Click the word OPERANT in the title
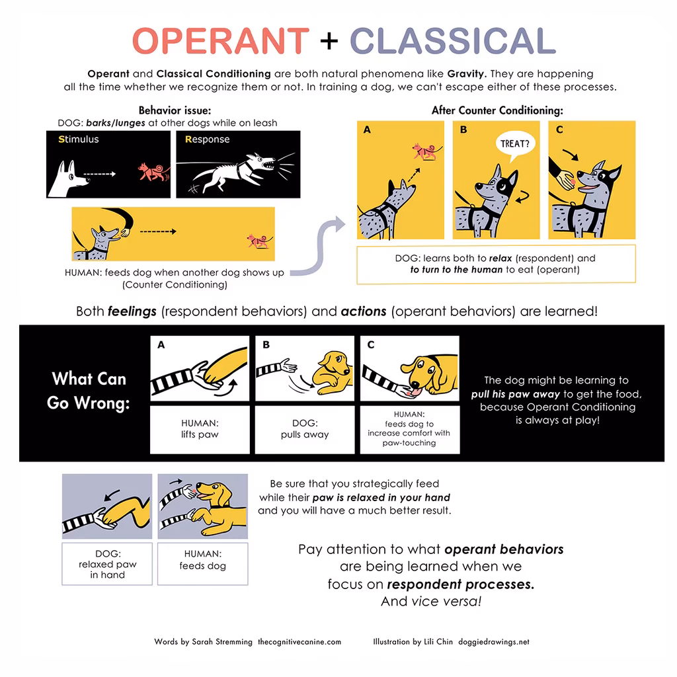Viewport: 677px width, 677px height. [x=220, y=41]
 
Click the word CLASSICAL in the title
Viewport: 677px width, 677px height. [x=452, y=41]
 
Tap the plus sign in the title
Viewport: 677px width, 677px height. [x=328, y=42]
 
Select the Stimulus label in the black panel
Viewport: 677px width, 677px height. [x=78, y=139]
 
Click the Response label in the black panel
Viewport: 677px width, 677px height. [x=207, y=139]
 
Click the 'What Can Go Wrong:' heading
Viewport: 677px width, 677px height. [x=89, y=390]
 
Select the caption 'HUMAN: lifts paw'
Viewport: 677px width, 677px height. [x=200, y=429]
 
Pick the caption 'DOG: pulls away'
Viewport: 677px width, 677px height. [x=305, y=429]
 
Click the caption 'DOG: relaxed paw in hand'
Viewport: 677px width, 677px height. [x=107, y=565]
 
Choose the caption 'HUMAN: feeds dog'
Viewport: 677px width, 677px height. [x=202, y=560]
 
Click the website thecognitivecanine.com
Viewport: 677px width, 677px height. [x=299, y=641]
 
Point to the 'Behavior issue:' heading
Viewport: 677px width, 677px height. [x=175, y=110]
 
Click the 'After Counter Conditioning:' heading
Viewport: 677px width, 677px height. [x=497, y=110]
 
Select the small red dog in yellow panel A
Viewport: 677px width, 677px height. [x=421, y=151]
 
